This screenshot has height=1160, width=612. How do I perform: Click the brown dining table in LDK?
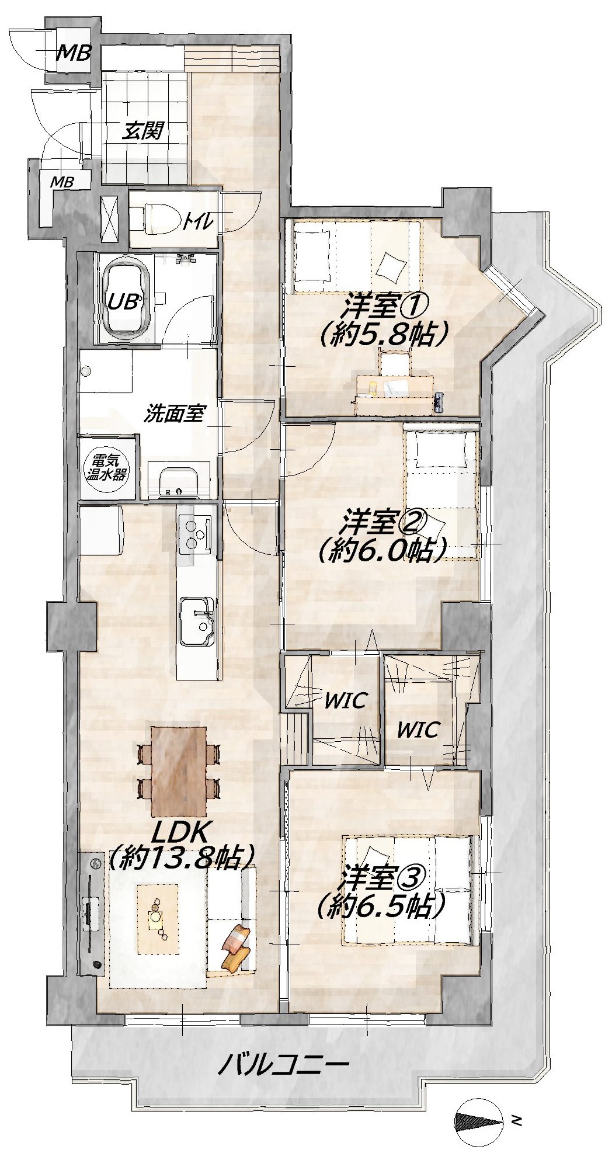point(179,772)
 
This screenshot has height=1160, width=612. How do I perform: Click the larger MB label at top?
point(74,54)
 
